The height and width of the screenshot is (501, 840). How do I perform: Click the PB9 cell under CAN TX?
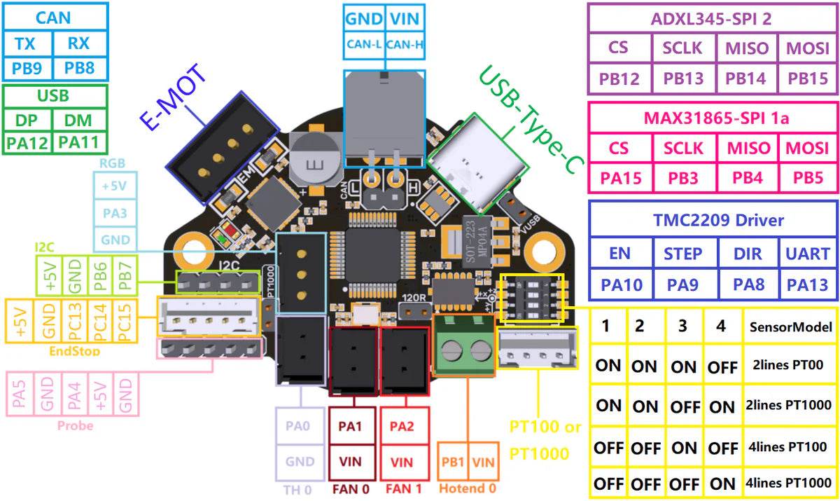point(27,69)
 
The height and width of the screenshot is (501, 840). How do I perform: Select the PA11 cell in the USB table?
point(80,143)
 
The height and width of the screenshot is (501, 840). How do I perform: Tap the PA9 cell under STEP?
point(683,285)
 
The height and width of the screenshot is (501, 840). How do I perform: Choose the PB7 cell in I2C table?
point(125,278)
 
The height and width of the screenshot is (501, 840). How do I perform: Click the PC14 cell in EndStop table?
point(98,321)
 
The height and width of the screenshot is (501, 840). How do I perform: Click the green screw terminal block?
point(463,345)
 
